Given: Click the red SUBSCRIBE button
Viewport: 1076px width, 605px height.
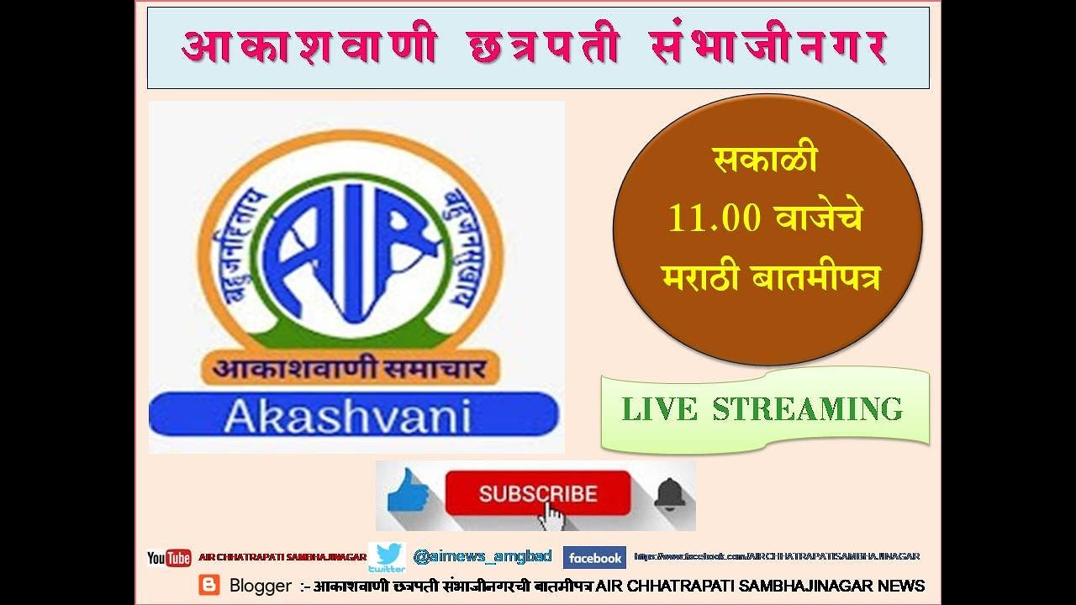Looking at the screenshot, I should [x=537, y=493].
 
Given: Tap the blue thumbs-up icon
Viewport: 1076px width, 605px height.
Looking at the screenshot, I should [x=409, y=492].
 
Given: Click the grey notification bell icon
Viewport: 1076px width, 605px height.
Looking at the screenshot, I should [x=669, y=494].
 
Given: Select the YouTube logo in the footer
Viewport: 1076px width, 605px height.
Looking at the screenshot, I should [x=169, y=558].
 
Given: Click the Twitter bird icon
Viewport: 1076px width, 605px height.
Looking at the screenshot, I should [x=388, y=556].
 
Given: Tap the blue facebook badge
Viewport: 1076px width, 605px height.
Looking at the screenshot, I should [x=594, y=558].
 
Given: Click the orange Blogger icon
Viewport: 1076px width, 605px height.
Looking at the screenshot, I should [x=208, y=585].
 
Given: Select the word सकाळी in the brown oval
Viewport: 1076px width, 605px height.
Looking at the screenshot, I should [x=765, y=160].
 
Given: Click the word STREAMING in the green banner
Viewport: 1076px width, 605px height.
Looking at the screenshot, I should [x=808, y=409].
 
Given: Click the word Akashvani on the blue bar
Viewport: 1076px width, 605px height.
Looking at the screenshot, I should [x=347, y=416].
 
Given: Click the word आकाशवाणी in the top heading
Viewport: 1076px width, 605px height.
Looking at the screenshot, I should [x=309, y=48].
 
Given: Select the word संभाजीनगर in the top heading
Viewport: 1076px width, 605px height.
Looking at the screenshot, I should [x=767, y=48].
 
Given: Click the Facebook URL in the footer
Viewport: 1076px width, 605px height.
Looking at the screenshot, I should [x=777, y=556].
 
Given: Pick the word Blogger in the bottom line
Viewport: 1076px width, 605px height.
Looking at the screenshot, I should [x=261, y=586].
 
